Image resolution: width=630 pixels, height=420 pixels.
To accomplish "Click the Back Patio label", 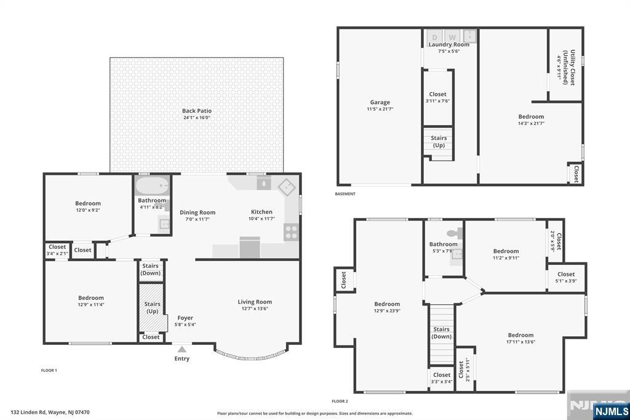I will (196, 111).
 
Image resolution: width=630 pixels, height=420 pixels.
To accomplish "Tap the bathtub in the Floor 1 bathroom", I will (152, 185).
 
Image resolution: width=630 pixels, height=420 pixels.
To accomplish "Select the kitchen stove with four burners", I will (291, 232).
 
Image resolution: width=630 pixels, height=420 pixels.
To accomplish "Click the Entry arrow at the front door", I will (181, 349).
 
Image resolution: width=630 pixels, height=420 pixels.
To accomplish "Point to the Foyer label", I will (185, 318).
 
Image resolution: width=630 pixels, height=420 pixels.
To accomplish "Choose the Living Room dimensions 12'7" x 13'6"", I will (255, 309).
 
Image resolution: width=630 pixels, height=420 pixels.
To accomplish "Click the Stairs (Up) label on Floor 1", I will (152, 307).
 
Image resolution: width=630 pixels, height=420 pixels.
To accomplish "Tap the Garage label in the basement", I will (380, 102).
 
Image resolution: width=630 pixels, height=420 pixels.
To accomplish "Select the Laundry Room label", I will (449, 44).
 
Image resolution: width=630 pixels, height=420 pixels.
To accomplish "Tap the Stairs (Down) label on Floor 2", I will (441, 333).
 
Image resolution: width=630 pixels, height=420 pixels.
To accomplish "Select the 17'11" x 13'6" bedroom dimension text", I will (520, 342).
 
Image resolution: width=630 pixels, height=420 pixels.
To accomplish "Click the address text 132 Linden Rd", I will (50, 412).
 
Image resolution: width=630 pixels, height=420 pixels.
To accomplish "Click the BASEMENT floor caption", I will (345, 194).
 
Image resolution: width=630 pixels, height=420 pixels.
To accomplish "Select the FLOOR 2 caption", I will (340, 401).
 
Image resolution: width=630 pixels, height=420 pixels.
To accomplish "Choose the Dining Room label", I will (197, 212).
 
